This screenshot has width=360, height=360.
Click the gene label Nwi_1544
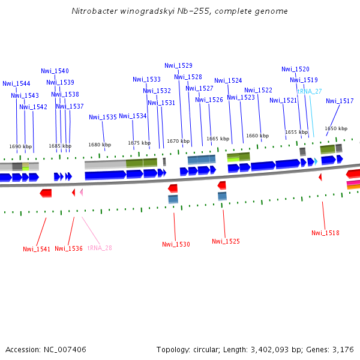pos(16,84)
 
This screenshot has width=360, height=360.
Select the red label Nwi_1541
pos(37,249)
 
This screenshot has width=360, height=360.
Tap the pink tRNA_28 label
pos(100,248)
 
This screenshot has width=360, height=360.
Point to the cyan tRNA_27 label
pos(309,91)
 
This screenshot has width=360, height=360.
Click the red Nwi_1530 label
pos(176,244)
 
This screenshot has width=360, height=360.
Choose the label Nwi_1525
pos(226,241)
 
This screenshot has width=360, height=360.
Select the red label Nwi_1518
pos(325,233)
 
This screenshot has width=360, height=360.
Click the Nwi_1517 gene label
pos(340,101)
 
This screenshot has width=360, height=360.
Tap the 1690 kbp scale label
pos(20,146)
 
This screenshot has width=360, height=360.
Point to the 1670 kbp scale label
pos(178,141)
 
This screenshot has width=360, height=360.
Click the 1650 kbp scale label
pos(336,128)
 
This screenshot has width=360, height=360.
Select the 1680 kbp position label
pos(100,145)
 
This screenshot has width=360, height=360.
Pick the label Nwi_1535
pos(103,117)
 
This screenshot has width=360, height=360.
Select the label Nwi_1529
pos(178,65)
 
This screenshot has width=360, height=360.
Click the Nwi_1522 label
pos(258,90)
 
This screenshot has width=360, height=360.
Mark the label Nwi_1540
pos(55,71)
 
